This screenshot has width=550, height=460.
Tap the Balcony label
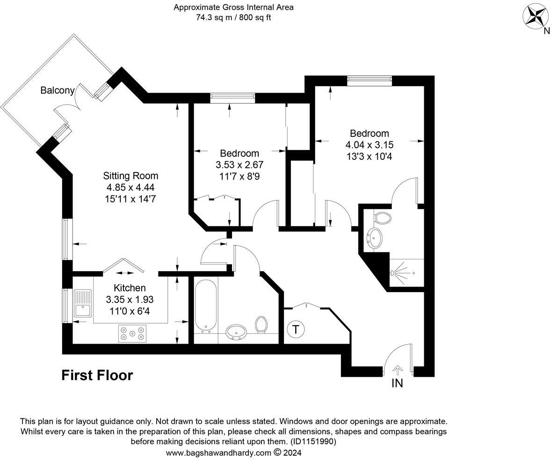[57, 90]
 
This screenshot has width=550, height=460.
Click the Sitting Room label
[130, 176]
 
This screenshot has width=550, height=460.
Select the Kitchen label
[130, 288]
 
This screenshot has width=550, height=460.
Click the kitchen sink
[83, 303]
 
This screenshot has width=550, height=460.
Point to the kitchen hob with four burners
[132, 334]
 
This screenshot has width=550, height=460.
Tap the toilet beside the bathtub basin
[261, 324]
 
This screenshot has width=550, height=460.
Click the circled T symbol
[296, 329]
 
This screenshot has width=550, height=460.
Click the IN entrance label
[397, 383]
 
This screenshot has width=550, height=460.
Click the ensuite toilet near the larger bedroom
[383, 217]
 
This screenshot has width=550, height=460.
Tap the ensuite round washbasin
[374, 238]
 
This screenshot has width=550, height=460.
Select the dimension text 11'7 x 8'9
[239, 177]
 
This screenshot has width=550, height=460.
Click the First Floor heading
[97, 375]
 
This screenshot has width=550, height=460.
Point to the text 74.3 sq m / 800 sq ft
[233, 18]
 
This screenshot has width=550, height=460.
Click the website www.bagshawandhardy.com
[218, 453]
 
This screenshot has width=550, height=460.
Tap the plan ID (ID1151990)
[313, 441]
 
